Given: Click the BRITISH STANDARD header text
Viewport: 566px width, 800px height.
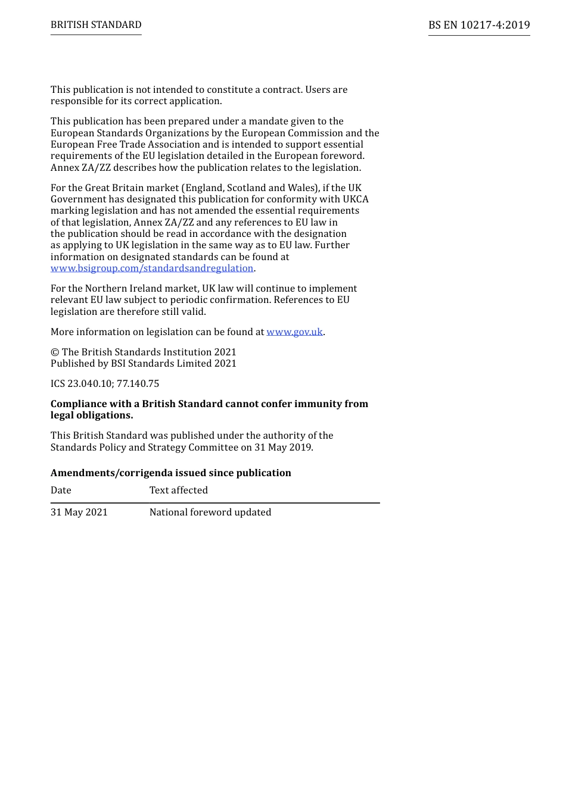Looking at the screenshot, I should point(96,25).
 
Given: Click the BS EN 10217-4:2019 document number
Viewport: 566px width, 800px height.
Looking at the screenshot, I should point(479,25).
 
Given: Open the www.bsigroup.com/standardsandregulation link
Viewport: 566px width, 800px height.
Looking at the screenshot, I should point(152,268).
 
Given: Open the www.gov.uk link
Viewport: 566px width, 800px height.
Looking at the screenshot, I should point(294,332).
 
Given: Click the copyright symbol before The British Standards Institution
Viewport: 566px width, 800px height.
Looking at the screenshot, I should point(54,352).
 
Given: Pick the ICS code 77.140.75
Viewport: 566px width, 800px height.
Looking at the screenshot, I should point(138,384).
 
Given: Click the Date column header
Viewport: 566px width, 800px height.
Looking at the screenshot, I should point(61,490).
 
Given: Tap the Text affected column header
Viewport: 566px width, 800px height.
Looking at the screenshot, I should point(179,490).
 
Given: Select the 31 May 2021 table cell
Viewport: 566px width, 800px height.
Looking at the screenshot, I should point(79,512).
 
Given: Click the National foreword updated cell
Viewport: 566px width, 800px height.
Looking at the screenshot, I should point(210,512).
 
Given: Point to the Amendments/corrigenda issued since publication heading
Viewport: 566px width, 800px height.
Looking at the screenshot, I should point(171,473).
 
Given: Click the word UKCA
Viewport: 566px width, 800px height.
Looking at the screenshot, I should point(356,199).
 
